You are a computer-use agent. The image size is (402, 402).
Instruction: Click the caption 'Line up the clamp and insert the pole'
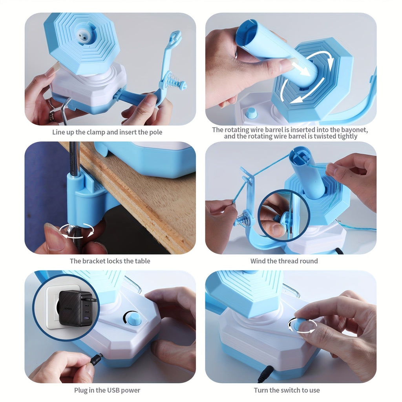107,132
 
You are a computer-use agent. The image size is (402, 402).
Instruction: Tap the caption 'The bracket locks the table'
110,261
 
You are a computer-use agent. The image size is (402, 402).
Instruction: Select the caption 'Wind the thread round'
284,261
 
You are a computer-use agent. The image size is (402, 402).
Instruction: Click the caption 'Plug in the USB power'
107,390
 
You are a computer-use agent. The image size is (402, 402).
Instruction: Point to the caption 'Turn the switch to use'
287,390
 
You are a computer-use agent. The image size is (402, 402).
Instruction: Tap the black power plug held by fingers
95,359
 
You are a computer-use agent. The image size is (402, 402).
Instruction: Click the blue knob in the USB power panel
134,319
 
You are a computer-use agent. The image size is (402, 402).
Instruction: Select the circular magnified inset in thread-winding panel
284,215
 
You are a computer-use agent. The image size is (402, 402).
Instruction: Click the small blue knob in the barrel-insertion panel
251,113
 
